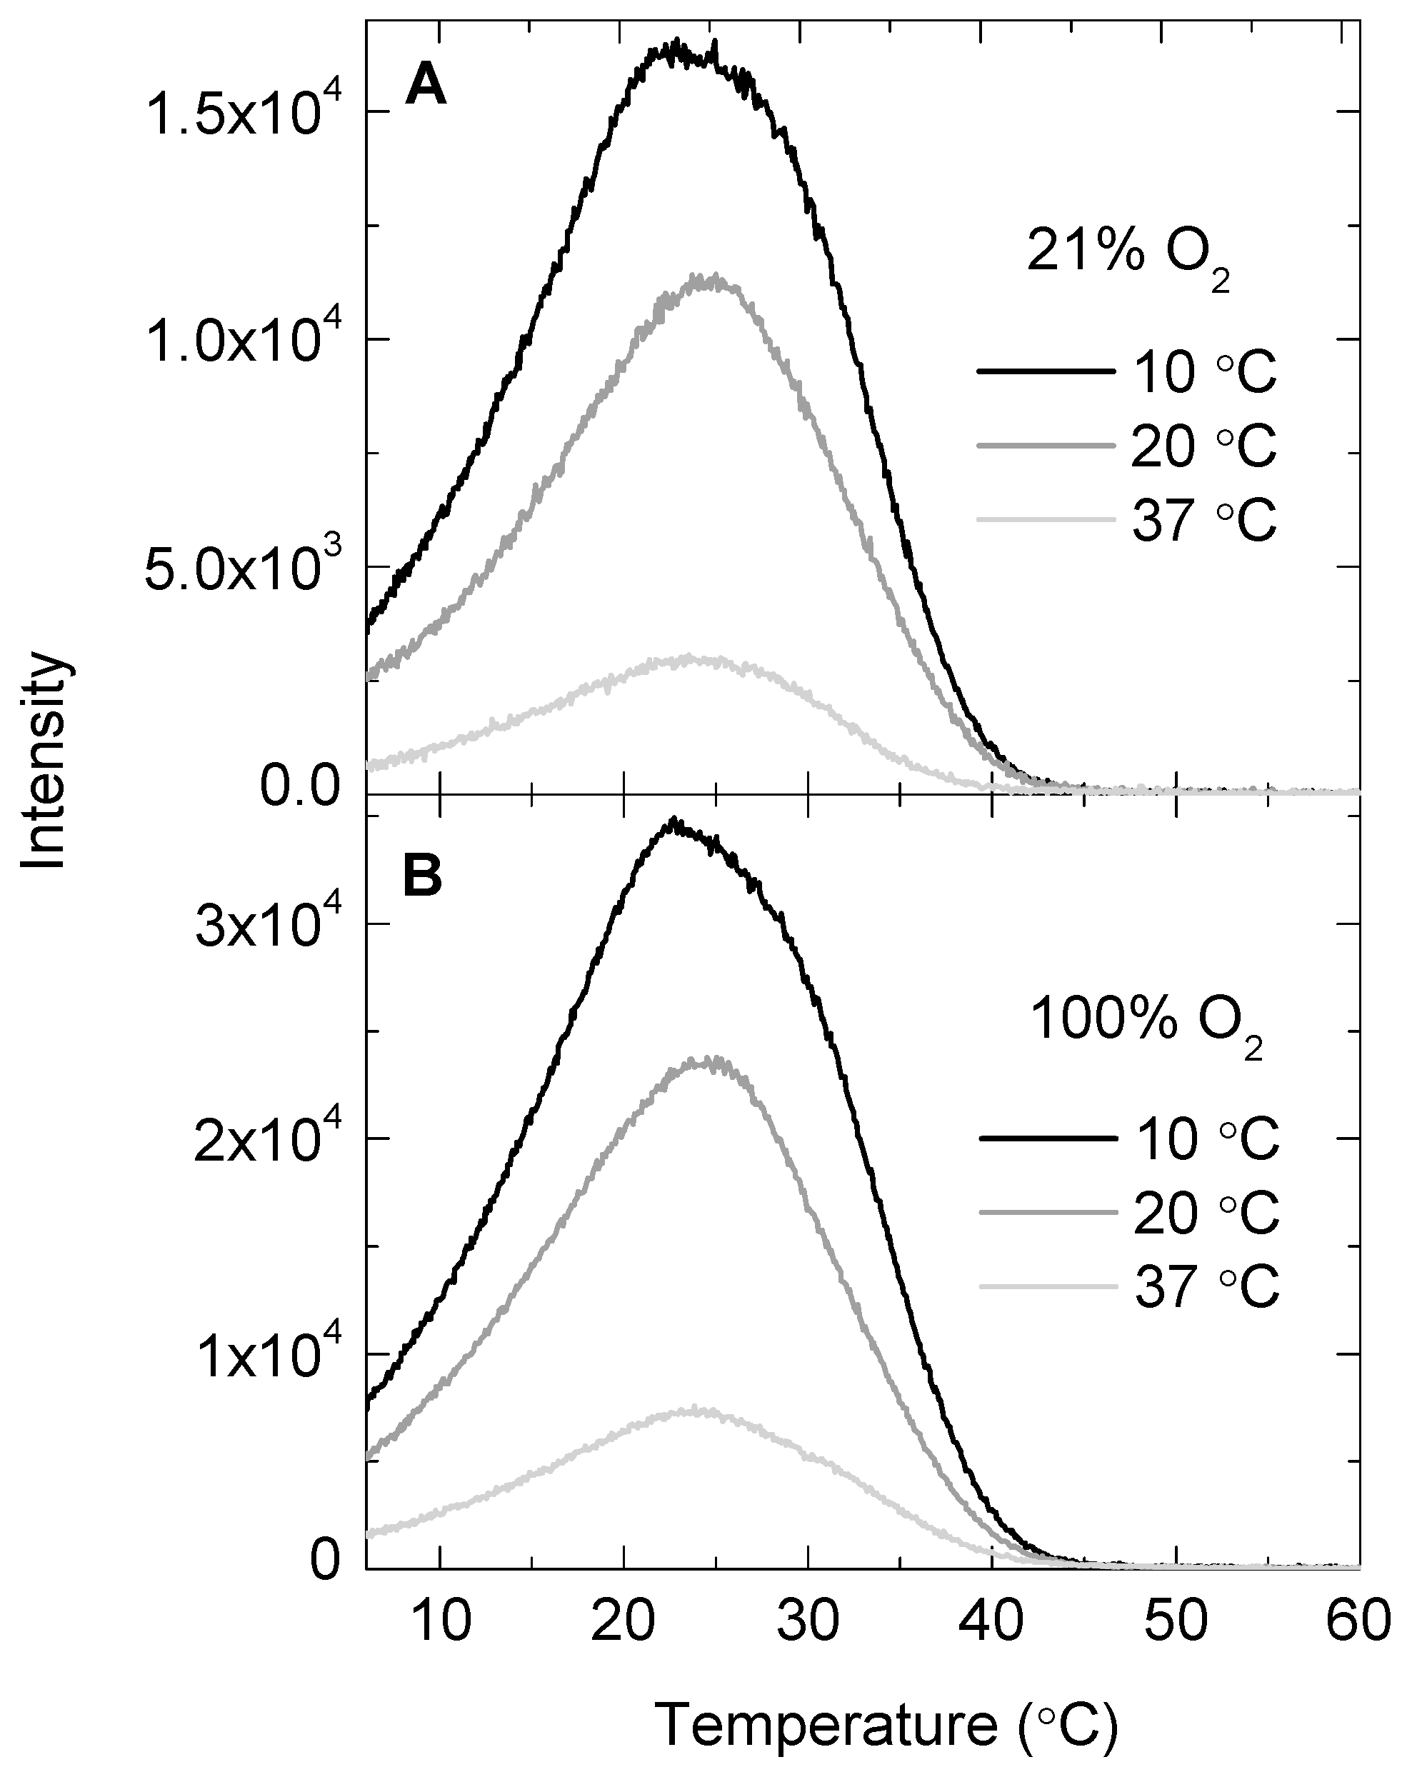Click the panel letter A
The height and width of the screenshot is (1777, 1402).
pyautogui.click(x=425, y=86)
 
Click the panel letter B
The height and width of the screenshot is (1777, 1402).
pyautogui.click(x=423, y=877)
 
